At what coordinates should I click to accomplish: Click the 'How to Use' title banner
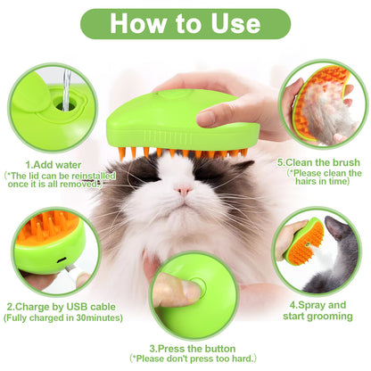click(x=185, y=23)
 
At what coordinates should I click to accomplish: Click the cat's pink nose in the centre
click(x=182, y=189)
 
